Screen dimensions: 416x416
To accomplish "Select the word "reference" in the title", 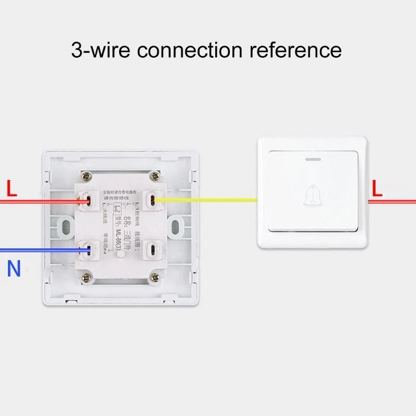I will tap(296, 50).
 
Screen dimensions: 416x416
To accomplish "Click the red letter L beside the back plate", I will tap(11, 188).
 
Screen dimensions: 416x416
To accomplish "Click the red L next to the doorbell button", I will tap(377, 188).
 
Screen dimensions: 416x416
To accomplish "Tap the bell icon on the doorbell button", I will tap(310, 195).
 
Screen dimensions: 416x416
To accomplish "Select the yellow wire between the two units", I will tap(208, 200).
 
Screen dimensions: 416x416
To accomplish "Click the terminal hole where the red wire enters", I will tap(88, 200).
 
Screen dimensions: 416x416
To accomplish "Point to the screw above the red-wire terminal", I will tap(85, 177).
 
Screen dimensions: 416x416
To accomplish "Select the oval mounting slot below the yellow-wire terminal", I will tap(175, 226).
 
